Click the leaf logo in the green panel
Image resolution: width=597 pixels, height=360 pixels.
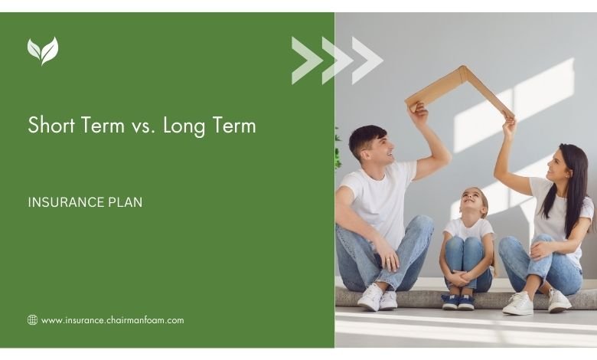(x=43, y=51)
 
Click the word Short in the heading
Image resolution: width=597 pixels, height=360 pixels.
(x=51, y=125)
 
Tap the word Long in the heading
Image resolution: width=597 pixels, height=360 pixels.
(x=184, y=126)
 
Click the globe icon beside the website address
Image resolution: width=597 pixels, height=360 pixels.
(x=32, y=320)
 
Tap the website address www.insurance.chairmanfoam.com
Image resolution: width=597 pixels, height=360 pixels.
(x=113, y=320)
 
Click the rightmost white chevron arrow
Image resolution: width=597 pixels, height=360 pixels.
(x=367, y=61)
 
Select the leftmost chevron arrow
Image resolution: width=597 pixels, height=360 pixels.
(x=307, y=61)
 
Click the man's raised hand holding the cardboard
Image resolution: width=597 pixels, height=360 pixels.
(x=418, y=111)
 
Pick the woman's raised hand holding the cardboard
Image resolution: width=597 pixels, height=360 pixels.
(x=509, y=124)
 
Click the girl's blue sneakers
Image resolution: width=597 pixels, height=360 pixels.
(x=458, y=302)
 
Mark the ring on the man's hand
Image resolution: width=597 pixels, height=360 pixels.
(x=387, y=260)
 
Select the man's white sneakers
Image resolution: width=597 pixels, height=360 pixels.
(x=377, y=298)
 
